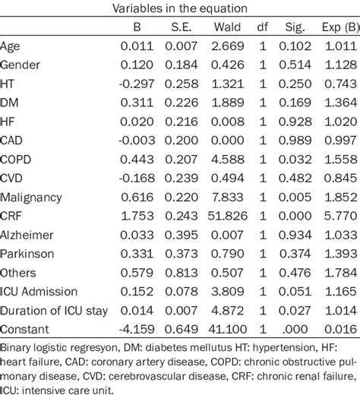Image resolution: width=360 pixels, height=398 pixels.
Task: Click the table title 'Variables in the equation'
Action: [x=180, y=8]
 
